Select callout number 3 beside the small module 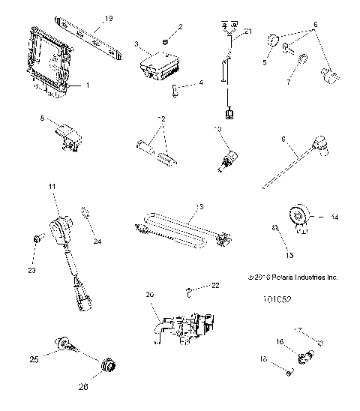click(136, 45)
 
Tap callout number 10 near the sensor click(217, 129)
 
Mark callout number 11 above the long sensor click(52, 185)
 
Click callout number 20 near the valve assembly click(149, 295)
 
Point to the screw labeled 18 click(291, 369)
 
